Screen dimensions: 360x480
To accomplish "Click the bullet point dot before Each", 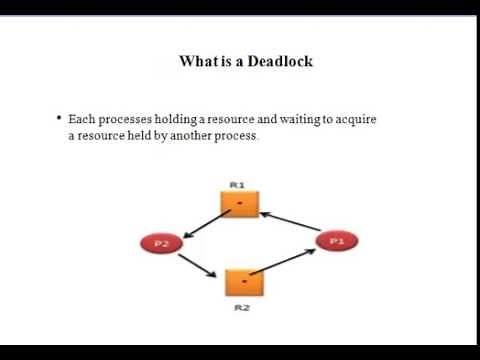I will pos(59,118).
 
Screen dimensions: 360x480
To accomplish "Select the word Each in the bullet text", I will pos(80,119).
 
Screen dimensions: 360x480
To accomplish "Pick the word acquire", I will pos(355,119).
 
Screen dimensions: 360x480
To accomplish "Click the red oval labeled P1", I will pos(336,240).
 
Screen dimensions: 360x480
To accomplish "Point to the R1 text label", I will pos(238,184).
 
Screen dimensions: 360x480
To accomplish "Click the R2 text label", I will pos(241,309).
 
